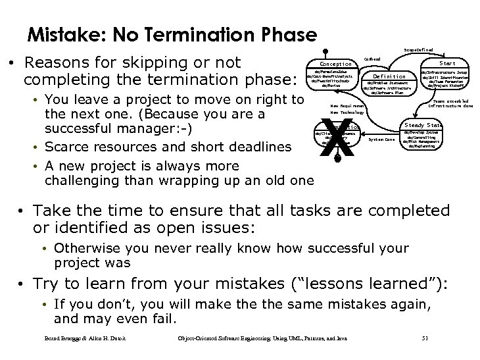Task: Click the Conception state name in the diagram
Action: click(x=335, y=64)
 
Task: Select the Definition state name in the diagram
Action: click(x=387, y=76)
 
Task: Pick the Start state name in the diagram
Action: click(x=446, y=64)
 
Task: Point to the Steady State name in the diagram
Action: click(x=423, y=124)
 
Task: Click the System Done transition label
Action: click(x=381, y=139)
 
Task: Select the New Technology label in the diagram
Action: click(x=347, y=113)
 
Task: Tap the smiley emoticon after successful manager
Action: click(x=178, y=128)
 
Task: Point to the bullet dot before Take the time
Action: click(x=23, y=211)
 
